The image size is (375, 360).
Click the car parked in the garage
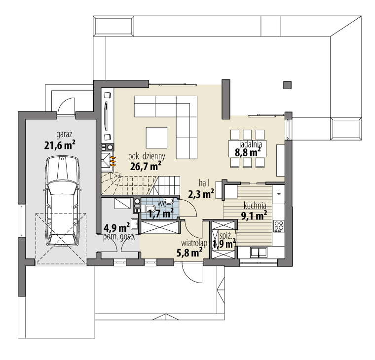coord(62,201)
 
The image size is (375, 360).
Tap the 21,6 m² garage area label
coord(60,145)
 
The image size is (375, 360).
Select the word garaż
coord(64,134)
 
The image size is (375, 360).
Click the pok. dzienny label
coord(147,156)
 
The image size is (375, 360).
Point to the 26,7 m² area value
coord(146,166)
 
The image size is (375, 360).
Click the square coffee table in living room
coord(156,138)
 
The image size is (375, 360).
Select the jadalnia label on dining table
coord(251,144)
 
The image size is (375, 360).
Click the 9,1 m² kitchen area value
coord(254,216)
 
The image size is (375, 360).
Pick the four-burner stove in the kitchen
coord(279,226)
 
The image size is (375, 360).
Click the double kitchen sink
coord(259,252)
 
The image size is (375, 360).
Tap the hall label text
coord(204,183)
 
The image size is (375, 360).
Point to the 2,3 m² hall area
coord(201,194)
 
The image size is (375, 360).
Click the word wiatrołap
coord(194,243)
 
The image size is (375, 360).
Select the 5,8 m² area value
coord(189,252)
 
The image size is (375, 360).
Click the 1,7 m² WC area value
coord(161,213)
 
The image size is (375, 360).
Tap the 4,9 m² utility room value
coord(117,227)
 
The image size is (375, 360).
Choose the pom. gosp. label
coord(119,237)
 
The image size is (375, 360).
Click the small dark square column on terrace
coord(287,85)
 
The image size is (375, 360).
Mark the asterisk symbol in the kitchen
coord(279,194)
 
